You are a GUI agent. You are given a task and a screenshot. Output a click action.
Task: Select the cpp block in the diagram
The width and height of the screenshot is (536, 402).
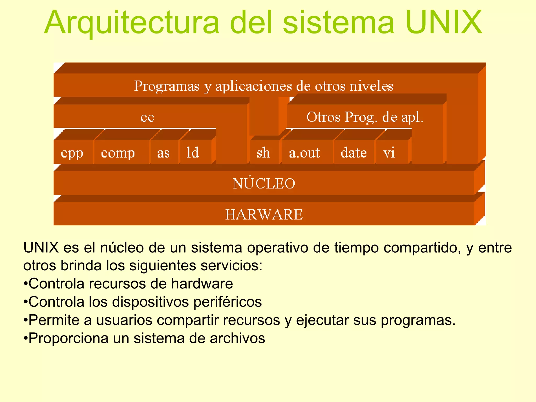point(72,153)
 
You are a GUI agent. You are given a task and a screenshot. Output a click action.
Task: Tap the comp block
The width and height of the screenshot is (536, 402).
point(118,153)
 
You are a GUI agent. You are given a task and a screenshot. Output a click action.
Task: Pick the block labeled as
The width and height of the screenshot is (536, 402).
point(163,153)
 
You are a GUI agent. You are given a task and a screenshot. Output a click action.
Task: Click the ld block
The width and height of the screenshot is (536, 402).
point(193,153)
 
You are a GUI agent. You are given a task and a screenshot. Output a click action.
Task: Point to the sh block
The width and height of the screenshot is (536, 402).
point(263,153)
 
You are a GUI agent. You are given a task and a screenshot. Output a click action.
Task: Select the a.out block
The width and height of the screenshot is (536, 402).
point(304,153)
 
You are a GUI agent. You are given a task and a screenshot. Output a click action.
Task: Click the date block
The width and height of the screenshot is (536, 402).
point(354,153)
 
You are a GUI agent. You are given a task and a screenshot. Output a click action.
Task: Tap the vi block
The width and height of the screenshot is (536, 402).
point(389,153)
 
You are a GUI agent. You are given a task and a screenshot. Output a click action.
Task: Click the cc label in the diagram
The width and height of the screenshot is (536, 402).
point(147,117)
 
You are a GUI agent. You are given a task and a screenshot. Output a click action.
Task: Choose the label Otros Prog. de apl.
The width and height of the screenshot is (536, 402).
point(365,117)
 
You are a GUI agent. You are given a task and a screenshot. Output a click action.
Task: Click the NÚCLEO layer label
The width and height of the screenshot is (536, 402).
point(264,183)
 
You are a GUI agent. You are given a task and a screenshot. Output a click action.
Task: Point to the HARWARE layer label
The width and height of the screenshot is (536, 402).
point(264,215)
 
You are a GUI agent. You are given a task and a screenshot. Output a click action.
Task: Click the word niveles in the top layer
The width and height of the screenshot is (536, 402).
point(371,86)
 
